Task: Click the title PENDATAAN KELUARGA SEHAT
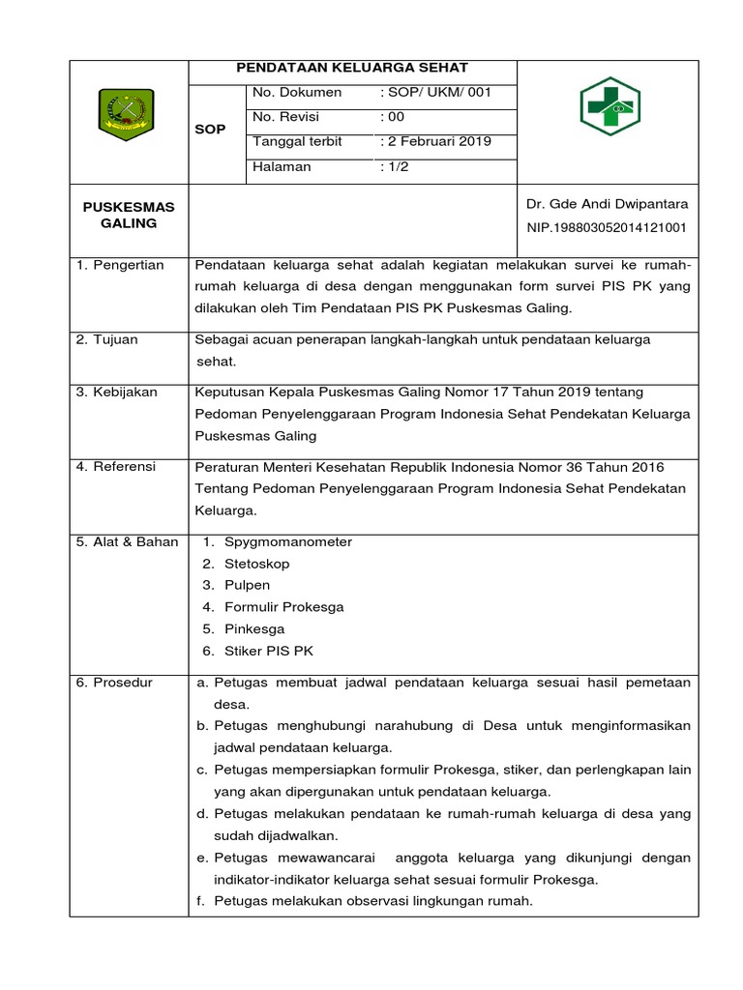pyautogui.click(x=354, y=68)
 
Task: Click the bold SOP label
pyautogui.click(x=210, y=129)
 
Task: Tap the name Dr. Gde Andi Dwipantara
pyautogui.click(x=607, y=204)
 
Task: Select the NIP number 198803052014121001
pyautogui.click(x=607, y=228)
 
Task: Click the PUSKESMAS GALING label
pyautogui.click(x=129, y=216)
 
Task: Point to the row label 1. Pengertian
pyautogui.click(x=120, y=265)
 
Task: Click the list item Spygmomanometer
pyautogui.click(x=288, y=541)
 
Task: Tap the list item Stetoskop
pyautogui.click(x=257, y=564)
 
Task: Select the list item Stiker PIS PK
pyautogui.click(x=269, y=651)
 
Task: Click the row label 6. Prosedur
pyautogui.click(x=115, y=683)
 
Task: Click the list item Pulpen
pyautogui.click(x=248, y=585)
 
